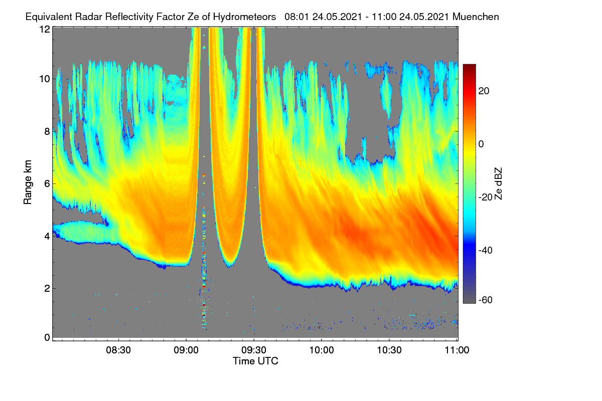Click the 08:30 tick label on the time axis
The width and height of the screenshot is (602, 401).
(x=118, y=350)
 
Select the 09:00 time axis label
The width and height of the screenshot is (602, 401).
(x=186, y=350)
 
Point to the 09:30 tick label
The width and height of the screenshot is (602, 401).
(x=254, y=350)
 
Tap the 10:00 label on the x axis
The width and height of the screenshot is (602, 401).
(x=322, y=350)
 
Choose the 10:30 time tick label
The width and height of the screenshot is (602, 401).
(x=389, y=350)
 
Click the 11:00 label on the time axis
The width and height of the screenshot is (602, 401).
(x=457, y=350)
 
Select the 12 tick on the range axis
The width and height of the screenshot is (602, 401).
(x=45, y=29)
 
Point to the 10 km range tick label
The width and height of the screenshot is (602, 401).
(x=45, y=79)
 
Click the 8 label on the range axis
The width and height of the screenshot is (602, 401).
(x=47, y=131)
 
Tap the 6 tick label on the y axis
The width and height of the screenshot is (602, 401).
(x=47, y=184)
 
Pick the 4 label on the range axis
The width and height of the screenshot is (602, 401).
(x=47, y=237)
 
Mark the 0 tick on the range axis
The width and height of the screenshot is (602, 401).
(x=47, y=337)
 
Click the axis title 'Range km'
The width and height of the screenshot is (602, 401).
(x=28, y=182)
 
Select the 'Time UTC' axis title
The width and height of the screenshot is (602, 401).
(x=255, y=361)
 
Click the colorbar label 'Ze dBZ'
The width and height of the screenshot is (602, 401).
(x=498, y=184)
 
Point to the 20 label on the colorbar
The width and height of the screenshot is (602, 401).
(x=484, y=91)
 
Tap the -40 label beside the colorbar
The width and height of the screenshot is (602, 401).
(x=486, y=250)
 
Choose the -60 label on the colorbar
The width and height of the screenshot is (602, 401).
(x=486, y=300)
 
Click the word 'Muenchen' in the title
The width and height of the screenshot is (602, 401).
(x=476, y=17)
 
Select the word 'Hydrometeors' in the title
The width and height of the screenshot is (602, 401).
(x=245, y=17)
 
